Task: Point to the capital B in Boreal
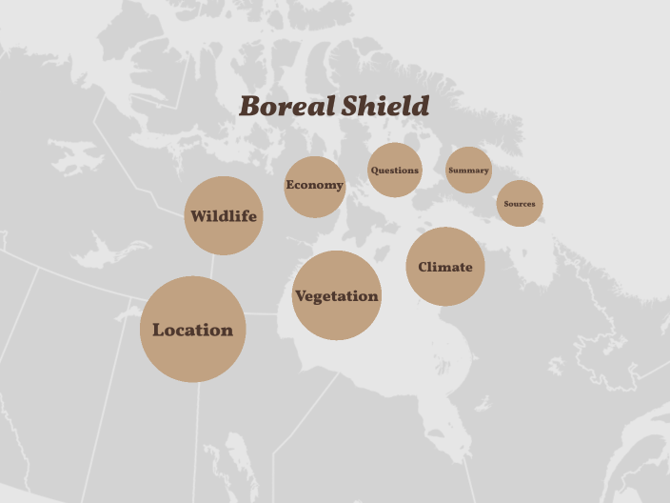tap(250, 107)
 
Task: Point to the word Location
tap(193, 331)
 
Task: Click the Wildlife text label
tap(223, 216)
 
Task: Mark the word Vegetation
tap(336, 296)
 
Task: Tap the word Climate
tap(445, 267)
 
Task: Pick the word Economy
tap(314, 185)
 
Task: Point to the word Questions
tap(395, 171)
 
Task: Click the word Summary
tap(468, 171)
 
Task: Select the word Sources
tap(520, 204)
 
